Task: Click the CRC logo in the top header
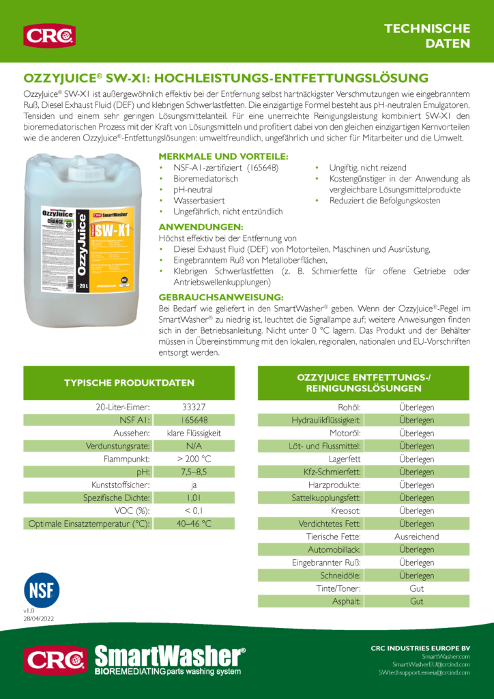49,35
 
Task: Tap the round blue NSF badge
42,590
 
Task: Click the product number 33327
194,407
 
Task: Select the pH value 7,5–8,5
194,472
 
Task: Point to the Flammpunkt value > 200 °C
194,459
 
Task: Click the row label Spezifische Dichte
117,498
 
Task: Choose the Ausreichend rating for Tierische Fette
416,537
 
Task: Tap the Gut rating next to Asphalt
416,601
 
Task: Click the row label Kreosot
346,511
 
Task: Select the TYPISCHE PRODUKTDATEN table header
129,382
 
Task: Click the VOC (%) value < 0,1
194,511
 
